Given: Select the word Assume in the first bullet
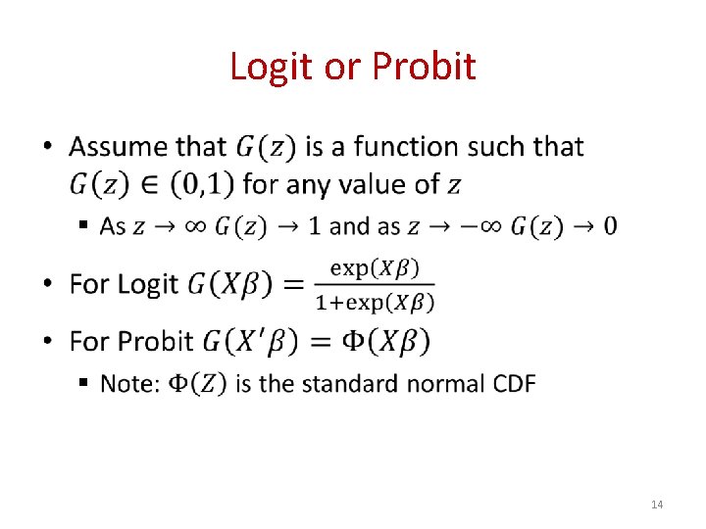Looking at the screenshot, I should pos(117,148).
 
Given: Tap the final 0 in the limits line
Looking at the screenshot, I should pos(610,226).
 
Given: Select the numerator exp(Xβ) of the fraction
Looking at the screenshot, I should pos(374,266).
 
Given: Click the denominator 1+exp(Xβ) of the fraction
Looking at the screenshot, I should pos(374,302).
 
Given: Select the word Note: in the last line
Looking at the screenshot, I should pos(130,384).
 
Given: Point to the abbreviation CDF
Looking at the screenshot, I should pos(512,384).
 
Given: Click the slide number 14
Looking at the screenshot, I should pos(657,505).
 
